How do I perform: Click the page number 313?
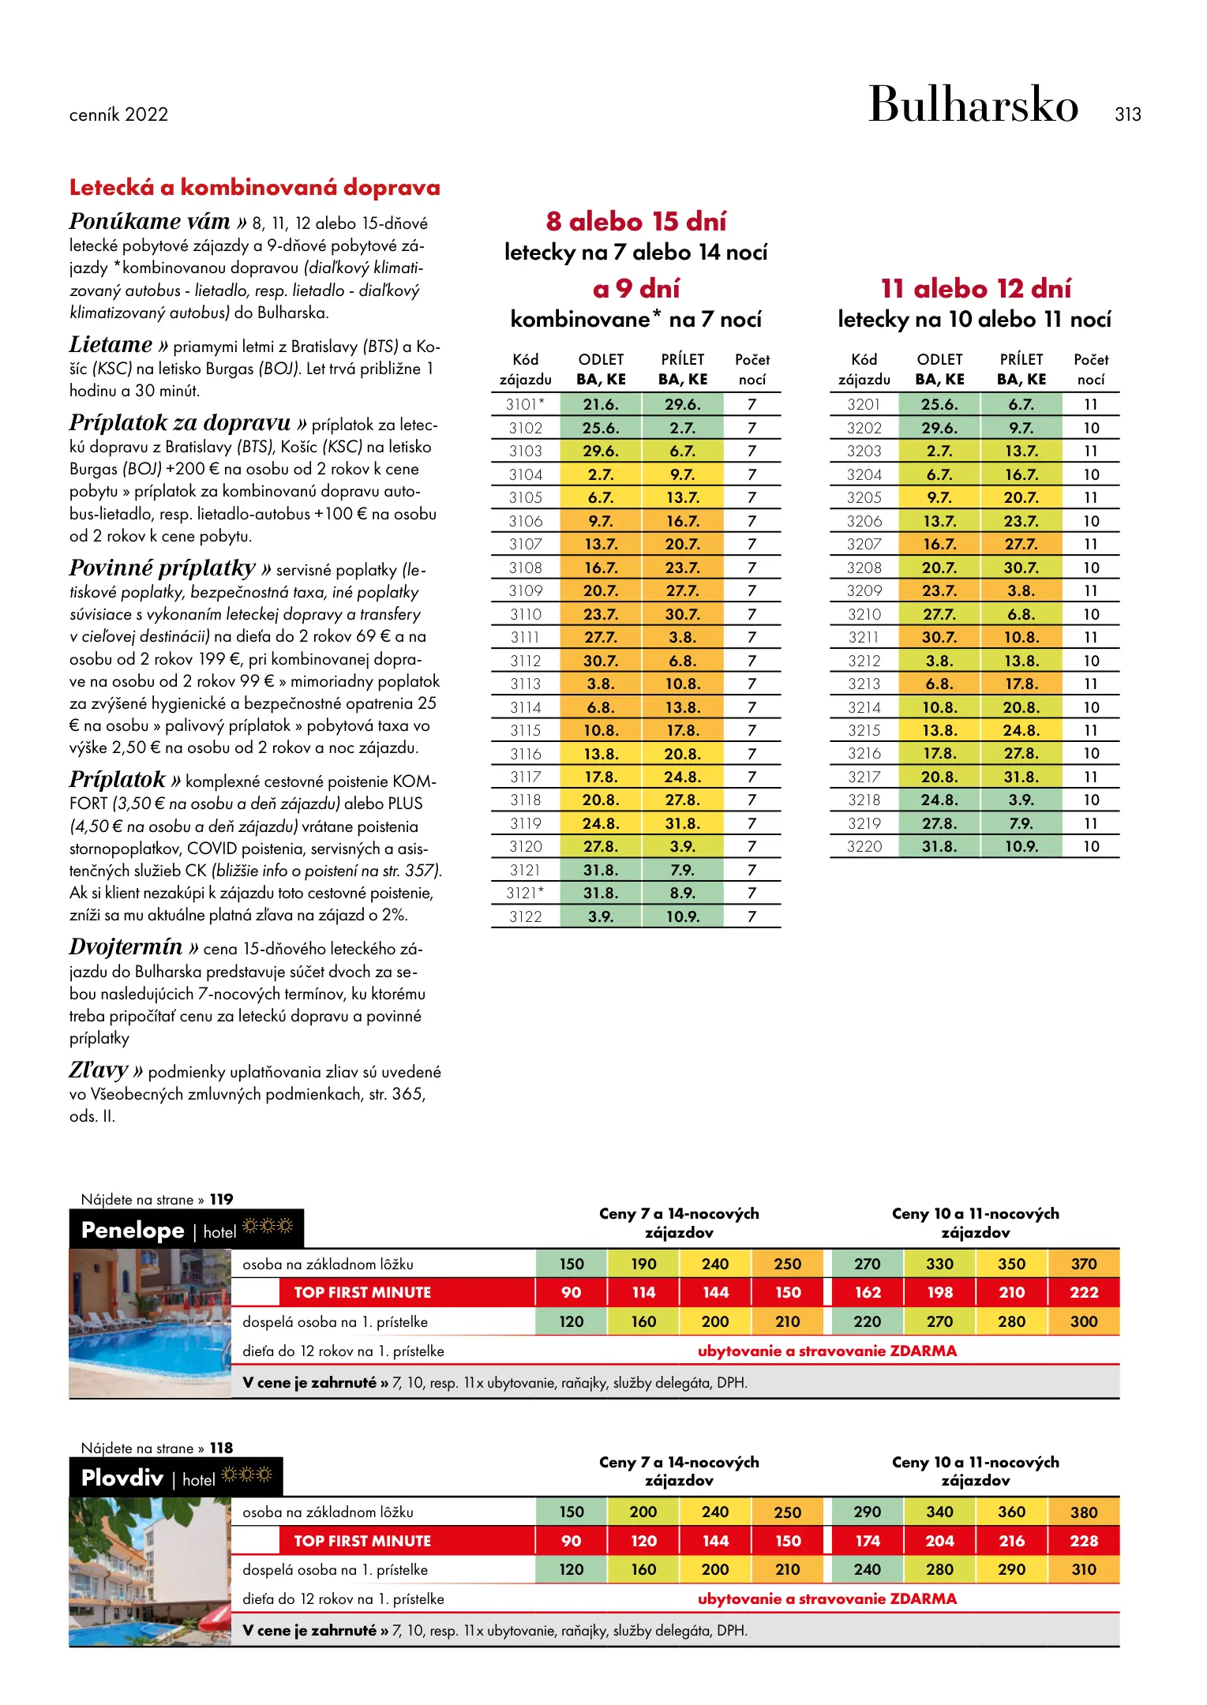point(1127,114)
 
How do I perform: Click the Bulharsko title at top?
point(973,104)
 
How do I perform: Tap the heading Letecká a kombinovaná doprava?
point(254,188)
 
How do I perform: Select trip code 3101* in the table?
point(525,404)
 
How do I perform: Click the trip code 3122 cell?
point(525,916)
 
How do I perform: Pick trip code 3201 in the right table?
point(864,404)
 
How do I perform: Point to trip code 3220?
point(864,846)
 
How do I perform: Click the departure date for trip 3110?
point(601,614)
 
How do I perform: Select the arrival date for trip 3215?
point(1021,730)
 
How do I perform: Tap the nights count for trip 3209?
point(1091,590)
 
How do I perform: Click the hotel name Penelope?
point(133,1230)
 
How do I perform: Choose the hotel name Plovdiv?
point(122,1478)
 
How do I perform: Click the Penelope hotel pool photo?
point(149,1323)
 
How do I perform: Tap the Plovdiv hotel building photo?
point(149,1571)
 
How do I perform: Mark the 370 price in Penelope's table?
point(1083,1264)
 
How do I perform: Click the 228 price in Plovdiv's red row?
point(1083,1541)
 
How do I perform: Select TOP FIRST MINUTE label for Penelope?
point(362,1293)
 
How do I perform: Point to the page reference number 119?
point(221,1200)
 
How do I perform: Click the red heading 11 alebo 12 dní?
point(976,289)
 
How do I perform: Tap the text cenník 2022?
point(118,115)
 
